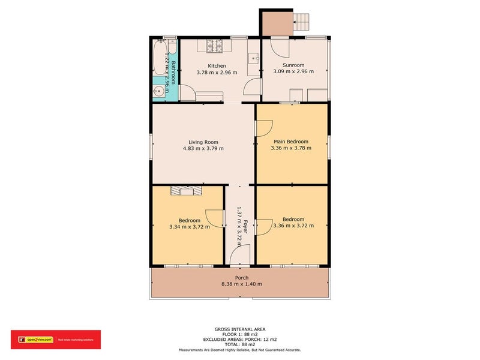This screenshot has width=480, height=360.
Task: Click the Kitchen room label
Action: click(217, 66)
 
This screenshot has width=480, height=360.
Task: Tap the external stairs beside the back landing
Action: click(302, 23)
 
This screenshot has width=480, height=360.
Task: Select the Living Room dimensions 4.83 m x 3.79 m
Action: click(203, 148)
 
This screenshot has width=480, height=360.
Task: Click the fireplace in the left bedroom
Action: click(187, 191)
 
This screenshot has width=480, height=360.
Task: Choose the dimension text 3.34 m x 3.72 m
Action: click(190, 227)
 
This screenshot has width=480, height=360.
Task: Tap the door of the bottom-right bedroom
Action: click(263, 227)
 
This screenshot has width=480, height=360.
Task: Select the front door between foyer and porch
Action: click(239, 259)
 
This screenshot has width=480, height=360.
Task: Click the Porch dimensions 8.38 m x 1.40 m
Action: click(241, 284)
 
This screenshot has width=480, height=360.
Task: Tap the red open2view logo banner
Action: click(56, 340)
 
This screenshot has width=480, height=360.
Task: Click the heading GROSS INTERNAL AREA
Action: click(240, 329)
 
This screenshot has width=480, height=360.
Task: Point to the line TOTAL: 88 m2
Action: click(240, 344)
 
